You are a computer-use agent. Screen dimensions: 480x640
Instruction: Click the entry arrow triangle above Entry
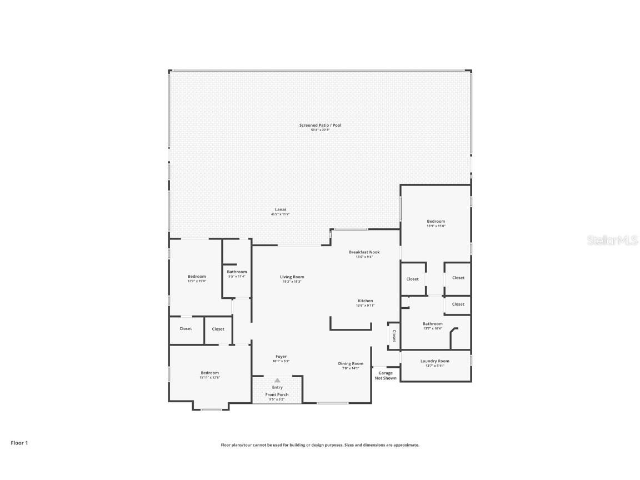pyautogui.click(x=277, y=381)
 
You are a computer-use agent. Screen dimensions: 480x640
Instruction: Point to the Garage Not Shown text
pyautogui.click(x=386, y=376)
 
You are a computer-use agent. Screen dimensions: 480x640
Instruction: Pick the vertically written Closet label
pyautogui.click(x=394, y=336)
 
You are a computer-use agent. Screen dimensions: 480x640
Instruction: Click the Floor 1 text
pyautogui.click(x=19, y=443)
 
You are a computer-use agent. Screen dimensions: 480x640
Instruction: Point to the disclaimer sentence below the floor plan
pyautogui.click(x=320, y=445)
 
